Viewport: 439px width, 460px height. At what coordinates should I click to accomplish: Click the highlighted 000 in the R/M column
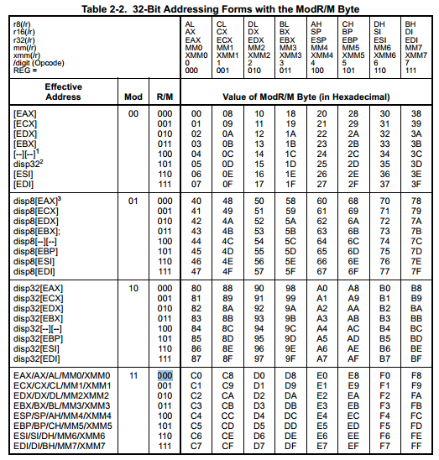(x=165, y=375)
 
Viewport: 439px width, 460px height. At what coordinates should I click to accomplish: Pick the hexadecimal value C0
(x=196, y=375)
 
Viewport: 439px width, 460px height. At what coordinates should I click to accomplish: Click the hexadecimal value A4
(x=321, y=328)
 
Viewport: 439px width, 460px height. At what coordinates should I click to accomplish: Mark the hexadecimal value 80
(x=196, y=289)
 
